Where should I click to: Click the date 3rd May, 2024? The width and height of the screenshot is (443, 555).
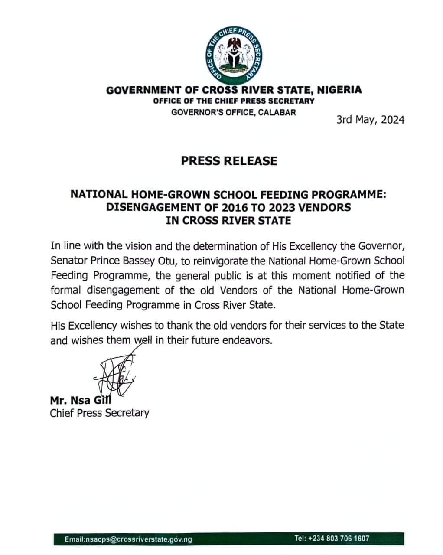[370, 120]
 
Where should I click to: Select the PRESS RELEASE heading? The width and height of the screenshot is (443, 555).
[229, 161]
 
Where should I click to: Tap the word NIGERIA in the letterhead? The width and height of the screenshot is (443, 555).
[339, 90]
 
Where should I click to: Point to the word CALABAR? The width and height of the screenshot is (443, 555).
[278, 112]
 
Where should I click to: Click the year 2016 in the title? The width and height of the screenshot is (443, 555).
[236, 207]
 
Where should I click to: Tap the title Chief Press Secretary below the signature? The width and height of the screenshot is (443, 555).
[99, 413]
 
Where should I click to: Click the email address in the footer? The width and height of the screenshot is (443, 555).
[128, 539]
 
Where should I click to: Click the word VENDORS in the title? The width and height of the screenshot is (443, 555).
[324, 207]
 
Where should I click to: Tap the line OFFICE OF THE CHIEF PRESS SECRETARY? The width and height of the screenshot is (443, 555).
[233, 101]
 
